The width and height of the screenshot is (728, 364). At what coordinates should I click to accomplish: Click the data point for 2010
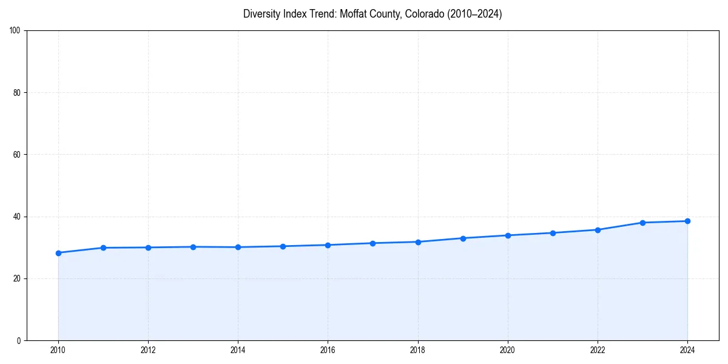(58, 253)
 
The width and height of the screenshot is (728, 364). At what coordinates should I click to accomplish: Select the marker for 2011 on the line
(103, 248)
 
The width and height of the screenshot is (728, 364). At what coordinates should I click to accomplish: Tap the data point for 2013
(193, 247)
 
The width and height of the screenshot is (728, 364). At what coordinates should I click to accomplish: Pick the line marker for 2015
(283, 246)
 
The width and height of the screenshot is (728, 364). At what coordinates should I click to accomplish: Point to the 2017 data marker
(372, 243)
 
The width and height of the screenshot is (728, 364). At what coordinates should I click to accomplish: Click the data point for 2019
(463, 238)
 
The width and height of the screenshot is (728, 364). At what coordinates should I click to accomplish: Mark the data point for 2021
(553, 233)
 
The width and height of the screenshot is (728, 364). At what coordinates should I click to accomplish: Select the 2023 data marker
(642, 223)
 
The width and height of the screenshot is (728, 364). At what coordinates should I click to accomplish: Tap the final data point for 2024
(687, 221)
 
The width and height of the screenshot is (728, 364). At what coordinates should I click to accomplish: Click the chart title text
(372, 14)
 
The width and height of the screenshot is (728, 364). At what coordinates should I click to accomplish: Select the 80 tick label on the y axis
(17, 93)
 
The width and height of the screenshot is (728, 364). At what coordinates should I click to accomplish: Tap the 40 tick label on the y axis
(17, 217)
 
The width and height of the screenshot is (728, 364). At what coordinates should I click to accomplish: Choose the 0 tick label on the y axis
(19, 340)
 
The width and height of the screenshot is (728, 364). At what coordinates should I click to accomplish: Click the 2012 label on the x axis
(148, 350)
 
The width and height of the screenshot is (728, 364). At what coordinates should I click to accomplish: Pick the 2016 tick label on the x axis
(328, 350)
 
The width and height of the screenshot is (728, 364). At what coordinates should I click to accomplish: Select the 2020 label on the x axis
(508, 350)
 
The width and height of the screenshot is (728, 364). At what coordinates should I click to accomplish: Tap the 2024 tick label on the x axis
(687, 350)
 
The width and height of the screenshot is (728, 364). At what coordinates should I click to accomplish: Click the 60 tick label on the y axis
(17, 155)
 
